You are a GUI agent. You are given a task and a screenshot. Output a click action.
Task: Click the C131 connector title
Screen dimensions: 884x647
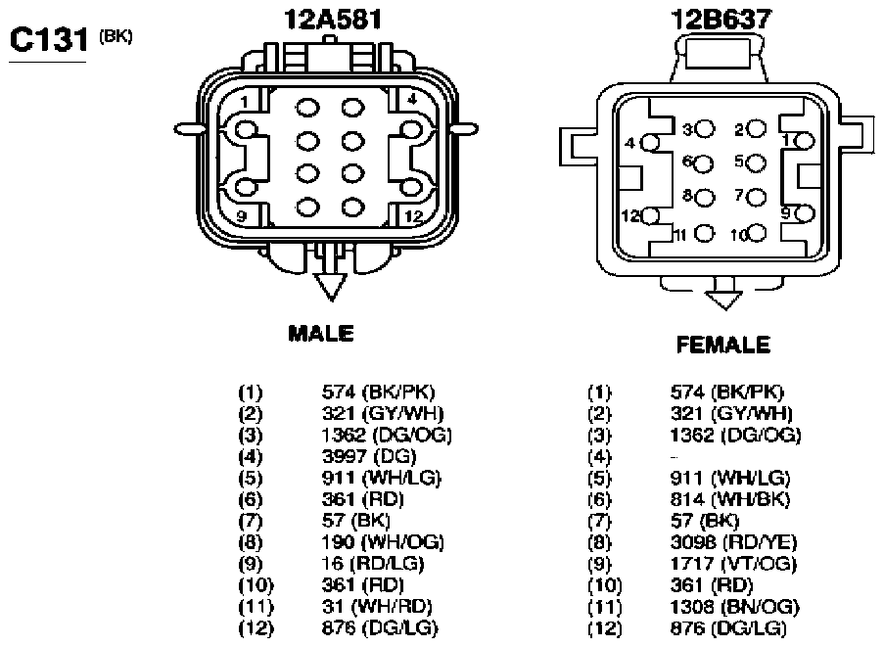pos(49,40)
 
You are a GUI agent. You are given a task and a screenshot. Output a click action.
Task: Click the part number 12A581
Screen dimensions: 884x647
pos(333,19)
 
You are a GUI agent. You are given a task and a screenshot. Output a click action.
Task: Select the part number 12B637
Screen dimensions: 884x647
pos(721,19)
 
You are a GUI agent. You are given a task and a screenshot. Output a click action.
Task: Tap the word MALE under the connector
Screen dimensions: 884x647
pos(321,333)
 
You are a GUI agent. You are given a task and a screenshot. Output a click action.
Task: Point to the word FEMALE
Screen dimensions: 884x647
pos(723,345)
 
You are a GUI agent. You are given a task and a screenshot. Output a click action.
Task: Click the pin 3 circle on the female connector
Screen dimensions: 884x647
pos(705,129)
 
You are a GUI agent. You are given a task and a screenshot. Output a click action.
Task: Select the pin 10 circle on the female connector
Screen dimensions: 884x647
pos(757,233)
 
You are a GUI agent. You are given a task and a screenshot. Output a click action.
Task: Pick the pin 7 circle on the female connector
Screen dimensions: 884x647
pos(757,197)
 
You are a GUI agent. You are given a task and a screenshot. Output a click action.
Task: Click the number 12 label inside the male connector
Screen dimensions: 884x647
pos(414,216)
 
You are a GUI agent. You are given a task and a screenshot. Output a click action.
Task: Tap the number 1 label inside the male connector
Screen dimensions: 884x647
pos(244,103)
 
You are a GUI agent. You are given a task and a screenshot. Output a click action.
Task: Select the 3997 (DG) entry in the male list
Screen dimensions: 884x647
pos(369,456)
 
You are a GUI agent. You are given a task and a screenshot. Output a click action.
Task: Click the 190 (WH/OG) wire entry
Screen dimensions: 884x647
pos(383,542)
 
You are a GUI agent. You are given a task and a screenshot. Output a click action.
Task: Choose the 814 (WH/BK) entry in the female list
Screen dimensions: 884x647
pos(730,499)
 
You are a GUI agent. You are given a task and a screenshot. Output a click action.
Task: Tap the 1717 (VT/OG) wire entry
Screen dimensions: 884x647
pos(733,564)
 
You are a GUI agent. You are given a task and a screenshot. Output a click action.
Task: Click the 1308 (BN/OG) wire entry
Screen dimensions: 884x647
pos(734,607)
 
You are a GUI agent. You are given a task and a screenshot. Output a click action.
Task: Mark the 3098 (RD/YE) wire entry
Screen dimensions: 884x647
pos(733,542)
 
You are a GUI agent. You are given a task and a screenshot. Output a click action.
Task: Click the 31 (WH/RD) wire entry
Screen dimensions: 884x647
pos(377,607)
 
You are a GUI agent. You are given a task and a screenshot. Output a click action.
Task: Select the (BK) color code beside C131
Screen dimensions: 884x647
pos(116,37)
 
